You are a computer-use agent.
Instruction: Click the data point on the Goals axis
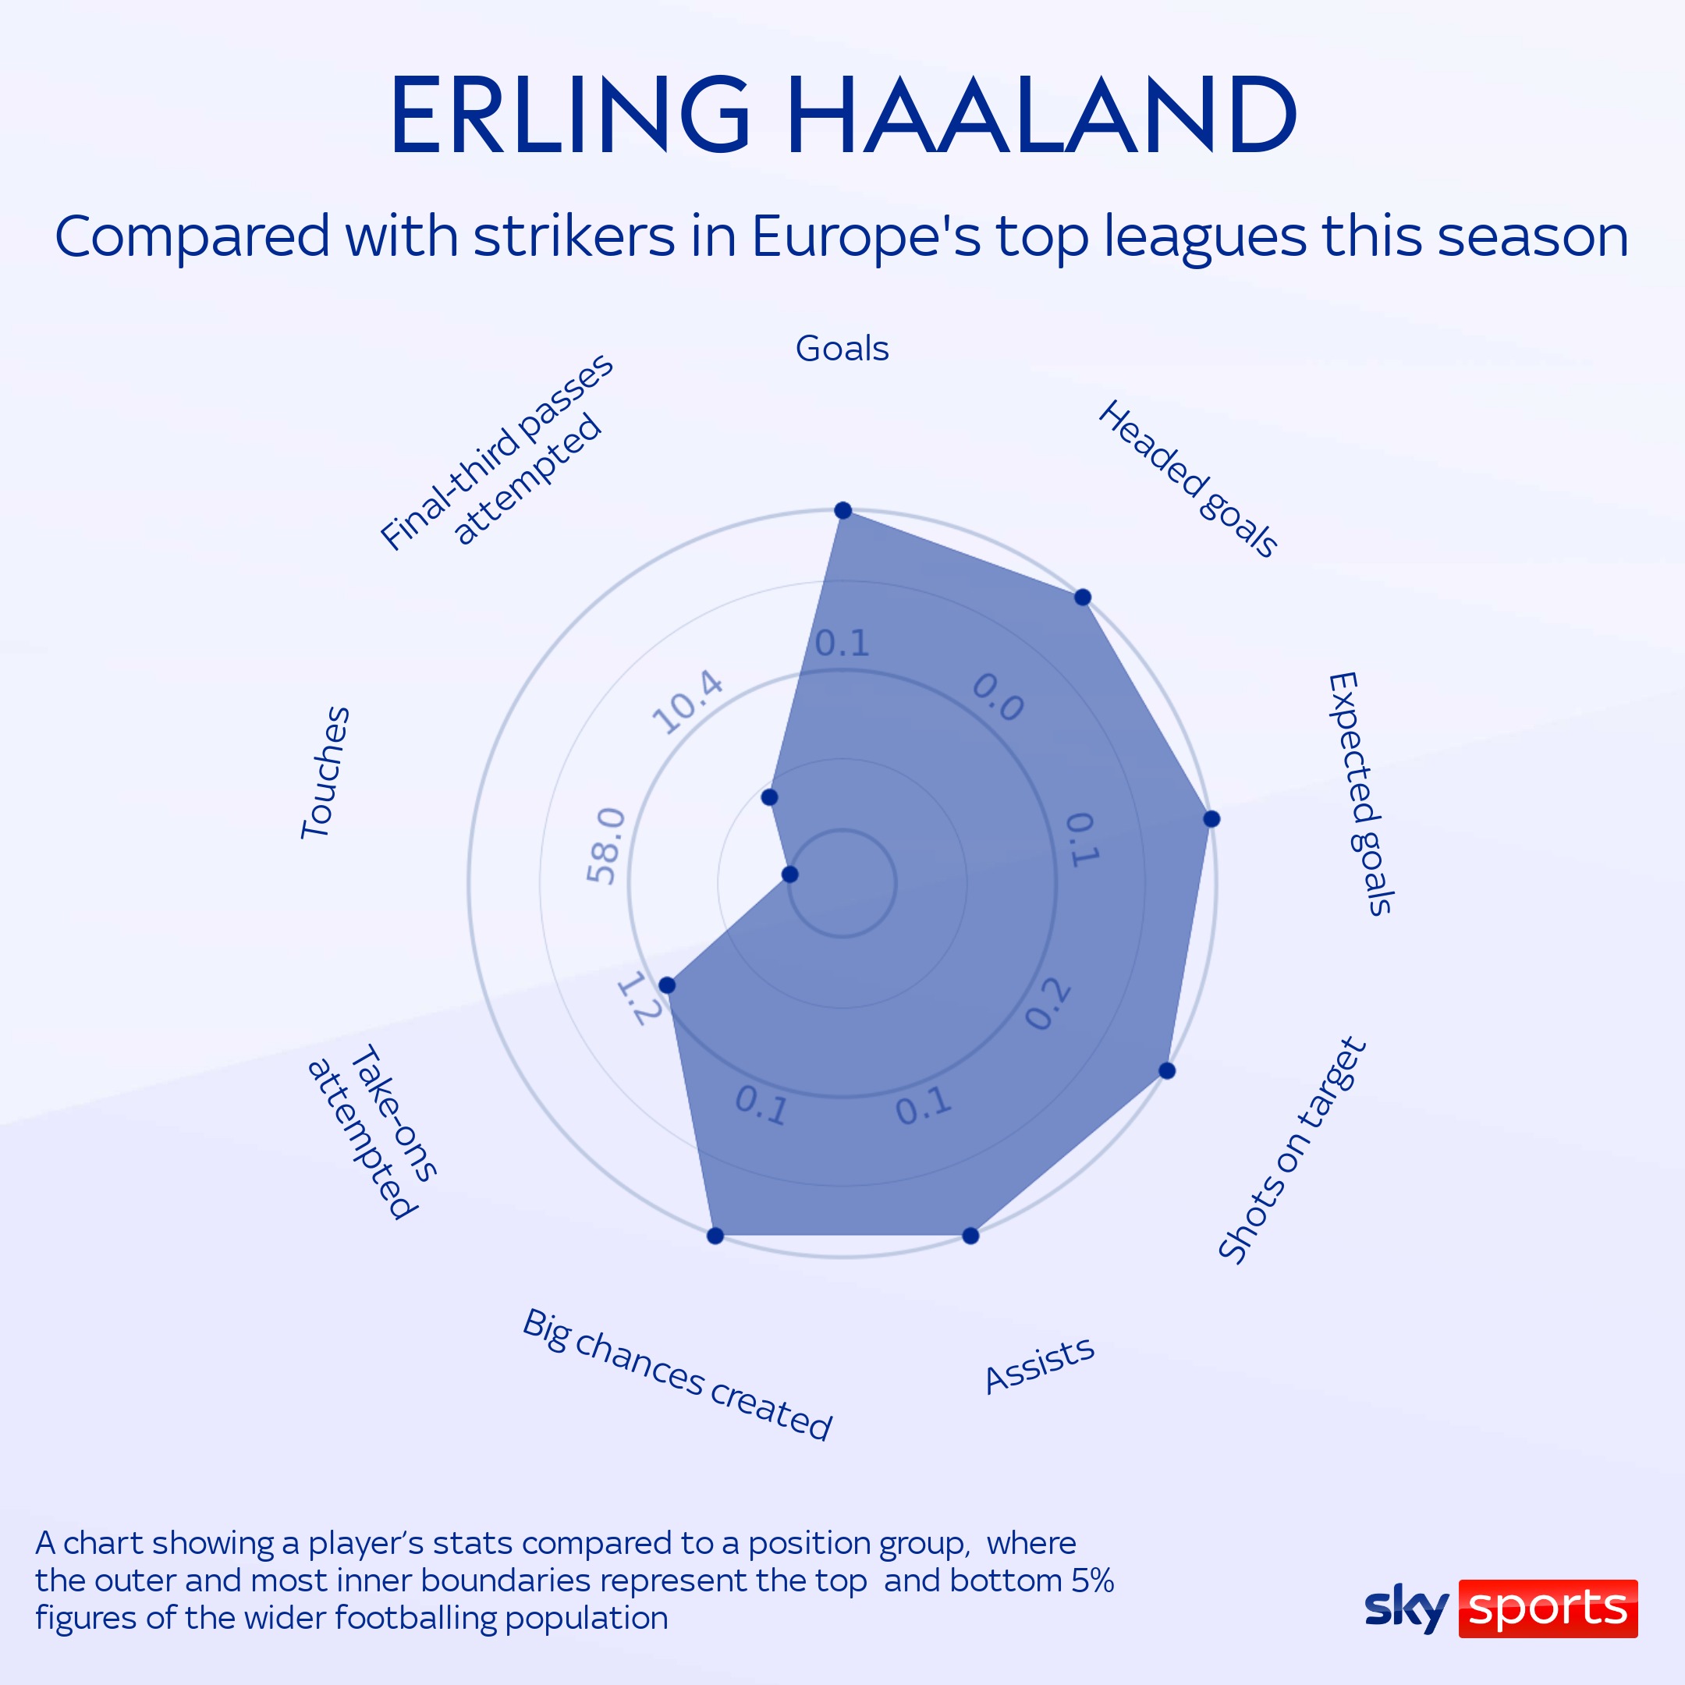pos(843,510)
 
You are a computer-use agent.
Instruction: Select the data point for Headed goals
pos(1082,598)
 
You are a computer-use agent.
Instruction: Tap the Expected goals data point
pos(1211,818)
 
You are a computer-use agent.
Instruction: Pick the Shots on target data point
pos(1167,1070)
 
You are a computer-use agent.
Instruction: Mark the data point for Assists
pos(970,1235)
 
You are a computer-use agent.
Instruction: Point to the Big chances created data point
pos(715,1235)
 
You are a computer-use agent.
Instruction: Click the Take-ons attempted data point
pos(667,985)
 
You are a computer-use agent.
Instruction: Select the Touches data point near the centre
pos(790,874)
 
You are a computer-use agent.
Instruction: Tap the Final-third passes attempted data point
pos(769,797)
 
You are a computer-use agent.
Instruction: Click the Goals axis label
pos(842,349)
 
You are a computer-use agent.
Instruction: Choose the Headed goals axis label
pos(1187,479)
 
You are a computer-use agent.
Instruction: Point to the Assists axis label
pos(1039,1365)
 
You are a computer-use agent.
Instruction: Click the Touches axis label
pos(325,773)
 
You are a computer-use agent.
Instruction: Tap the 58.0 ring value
pos(605,845)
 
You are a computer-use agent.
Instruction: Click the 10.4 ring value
pos(688,702)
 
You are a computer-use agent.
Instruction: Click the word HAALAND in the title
pos(1042,115)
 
